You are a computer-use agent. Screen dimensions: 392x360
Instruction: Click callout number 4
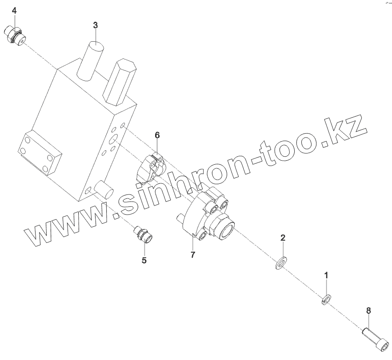tap(15, 10)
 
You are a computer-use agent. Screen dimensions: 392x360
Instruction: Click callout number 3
tap(95, 25)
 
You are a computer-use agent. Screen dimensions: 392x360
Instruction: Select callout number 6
tap(157, 135)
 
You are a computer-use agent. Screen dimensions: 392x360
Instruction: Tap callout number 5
tap(144, 261)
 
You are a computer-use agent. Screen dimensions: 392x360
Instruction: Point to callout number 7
tap(193, 255)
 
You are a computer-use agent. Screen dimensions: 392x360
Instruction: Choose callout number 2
tap(283, 237)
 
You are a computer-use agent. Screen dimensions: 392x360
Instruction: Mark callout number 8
tap(368, 311)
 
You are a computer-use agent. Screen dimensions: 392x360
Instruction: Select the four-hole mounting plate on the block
tap(40, 151)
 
